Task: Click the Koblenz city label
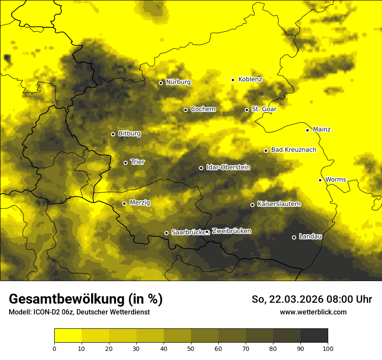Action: point(250,79)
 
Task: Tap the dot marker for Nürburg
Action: point(161,83)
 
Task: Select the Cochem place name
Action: point(203,109)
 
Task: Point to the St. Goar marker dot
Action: point(247,110)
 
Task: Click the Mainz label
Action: point(322,130)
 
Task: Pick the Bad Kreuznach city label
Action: point(293,150)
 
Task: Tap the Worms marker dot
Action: point(320,180)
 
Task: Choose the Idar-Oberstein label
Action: point(228,167)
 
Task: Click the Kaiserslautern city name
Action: point(279,204)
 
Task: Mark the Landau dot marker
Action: point(294,237)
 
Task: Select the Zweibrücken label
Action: point(231,231)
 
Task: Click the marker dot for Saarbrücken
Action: point(166,233)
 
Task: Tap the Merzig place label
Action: point(140,203)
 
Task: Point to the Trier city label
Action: point(138,162)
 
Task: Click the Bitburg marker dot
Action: point(113,134)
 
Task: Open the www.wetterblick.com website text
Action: point(313,312)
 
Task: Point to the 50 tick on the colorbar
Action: point(191,348)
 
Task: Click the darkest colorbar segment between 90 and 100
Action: point(314,336)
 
